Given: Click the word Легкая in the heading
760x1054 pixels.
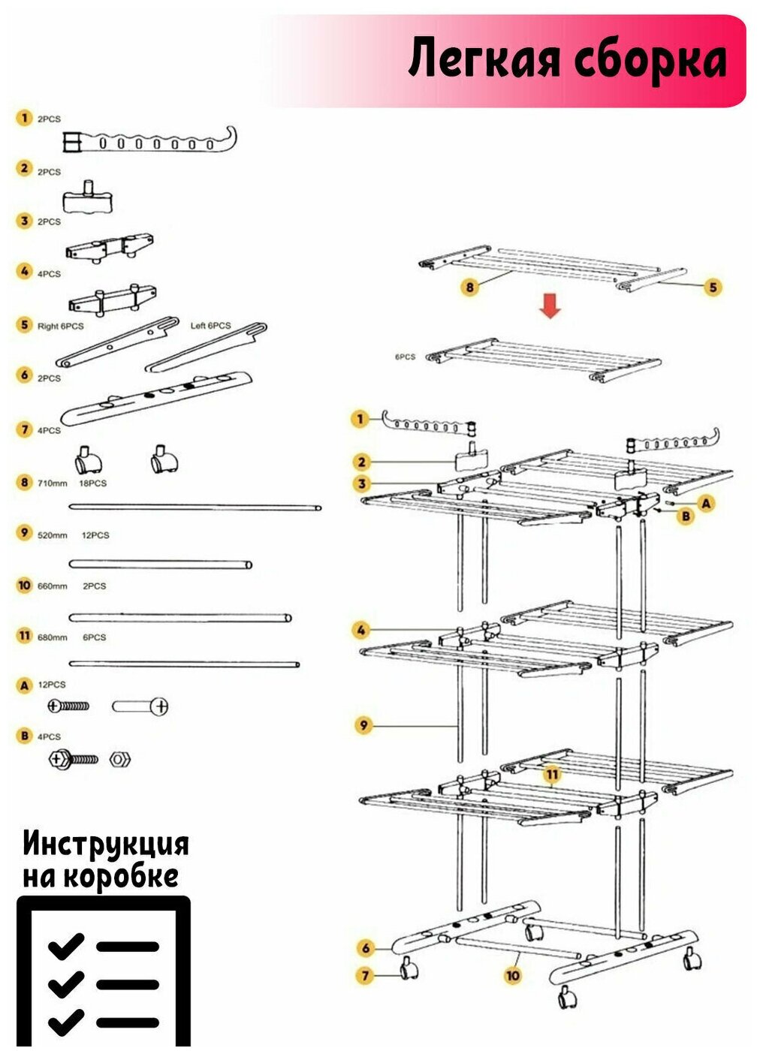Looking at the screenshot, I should pyautogui.click(x=484, y=60).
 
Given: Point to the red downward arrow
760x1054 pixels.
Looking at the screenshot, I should pyautogui.click(x=550, y=306).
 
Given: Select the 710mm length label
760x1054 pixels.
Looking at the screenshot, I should pyautogui.click(x=53, y=483).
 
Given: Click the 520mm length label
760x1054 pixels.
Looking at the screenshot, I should pyautogui.click(x=53, y=535).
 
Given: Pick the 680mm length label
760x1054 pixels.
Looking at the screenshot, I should pyautogui.click(x=53, y=637).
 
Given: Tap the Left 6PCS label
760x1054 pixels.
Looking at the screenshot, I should pyautogui.click(x=210, y=326).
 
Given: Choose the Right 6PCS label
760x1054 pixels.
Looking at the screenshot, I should pyautogui.click(x=61, y=327).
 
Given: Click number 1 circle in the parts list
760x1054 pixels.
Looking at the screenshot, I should pyautogui.click(x=25, y=119).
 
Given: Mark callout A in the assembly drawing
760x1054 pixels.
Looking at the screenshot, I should pyautogui.click(x=706, y=504).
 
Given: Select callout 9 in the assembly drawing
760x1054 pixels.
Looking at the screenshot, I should pyautogui.click(x=364, y=725).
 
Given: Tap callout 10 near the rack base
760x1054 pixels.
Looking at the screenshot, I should pyautogui.click(x=513, y=975).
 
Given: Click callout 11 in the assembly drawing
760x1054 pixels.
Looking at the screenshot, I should pyautogui.click(x=553, y=774).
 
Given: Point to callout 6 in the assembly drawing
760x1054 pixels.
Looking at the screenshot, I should pyautogui.click(x=366, y=948).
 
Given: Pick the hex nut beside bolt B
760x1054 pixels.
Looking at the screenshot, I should pyautogui.click(x=119, y=759).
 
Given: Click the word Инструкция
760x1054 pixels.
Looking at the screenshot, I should pyautogui.click(x=106, y=845).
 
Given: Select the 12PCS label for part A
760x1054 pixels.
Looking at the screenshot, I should pyautogui.click(x=52, y=685).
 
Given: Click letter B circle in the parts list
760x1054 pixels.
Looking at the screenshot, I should pyautogui.click(x=25, y=736).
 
